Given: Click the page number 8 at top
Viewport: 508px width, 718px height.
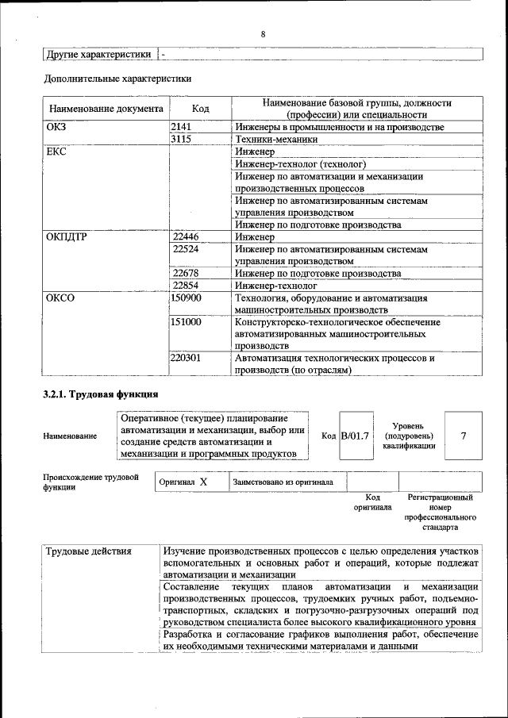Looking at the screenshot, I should click(x=262, y=34).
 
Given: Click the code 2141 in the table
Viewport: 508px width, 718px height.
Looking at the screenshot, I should click(x=182, y=127).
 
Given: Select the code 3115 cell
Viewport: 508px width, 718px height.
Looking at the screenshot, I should click(x=182, y=139).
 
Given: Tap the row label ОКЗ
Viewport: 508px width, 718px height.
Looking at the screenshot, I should click(x=57, y=127).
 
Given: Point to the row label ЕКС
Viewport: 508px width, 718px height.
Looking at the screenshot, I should click(x=56, y=151).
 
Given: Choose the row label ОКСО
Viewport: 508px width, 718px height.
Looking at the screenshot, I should click(x=60, y=298).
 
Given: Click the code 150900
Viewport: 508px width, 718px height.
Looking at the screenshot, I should click(x=187, y=298).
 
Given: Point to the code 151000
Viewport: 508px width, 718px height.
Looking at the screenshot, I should click(x=187, y=323).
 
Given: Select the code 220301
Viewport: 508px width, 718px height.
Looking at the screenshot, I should click(x=187, y=359).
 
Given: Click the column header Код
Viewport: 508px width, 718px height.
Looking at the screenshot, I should click(x=200, y=108).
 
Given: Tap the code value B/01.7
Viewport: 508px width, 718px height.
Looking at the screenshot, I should click(x=355, y=436).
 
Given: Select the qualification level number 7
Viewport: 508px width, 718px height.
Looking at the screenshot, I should click(x=463, y=436).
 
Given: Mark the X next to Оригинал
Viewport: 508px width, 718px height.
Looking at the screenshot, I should click(x=203, y=482).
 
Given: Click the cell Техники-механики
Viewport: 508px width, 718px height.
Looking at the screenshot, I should click(x=276, y=139).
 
